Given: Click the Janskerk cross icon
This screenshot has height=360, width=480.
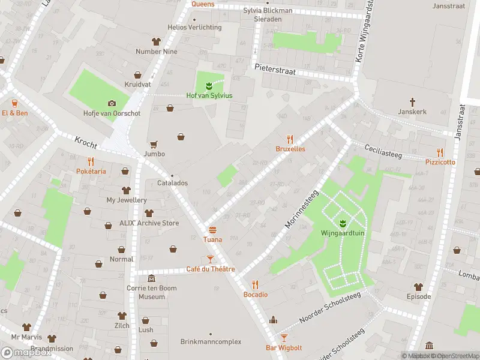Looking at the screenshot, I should click(412, 102).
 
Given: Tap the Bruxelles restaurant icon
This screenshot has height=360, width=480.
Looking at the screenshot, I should click(290, 139).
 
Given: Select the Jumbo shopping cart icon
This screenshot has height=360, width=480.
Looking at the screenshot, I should click(154, 144).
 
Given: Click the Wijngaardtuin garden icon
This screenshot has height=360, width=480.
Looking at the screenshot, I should click(343, 224).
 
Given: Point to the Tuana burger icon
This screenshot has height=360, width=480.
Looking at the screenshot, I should click(212, 230).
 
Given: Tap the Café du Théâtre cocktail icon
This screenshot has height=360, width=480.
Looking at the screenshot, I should click(210, 259).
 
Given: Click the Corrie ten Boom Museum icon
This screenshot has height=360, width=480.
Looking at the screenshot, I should click(151, 278).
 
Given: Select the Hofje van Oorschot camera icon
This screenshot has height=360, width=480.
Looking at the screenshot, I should click(111, 104).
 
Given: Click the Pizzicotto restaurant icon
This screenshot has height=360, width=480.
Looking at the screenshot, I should click(440, 152).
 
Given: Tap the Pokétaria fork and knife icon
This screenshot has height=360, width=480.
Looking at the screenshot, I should click(91, 161).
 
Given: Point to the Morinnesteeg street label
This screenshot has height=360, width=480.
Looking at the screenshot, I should click(301, 211).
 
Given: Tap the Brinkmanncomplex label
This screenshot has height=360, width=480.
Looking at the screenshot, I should click(211, 341).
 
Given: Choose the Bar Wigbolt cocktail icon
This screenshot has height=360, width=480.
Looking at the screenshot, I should click(284, 338).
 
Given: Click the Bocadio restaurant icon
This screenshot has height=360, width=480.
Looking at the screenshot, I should click(256, 284).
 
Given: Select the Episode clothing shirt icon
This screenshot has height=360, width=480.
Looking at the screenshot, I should click(418, 287).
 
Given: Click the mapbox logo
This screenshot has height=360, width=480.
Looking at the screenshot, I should click(26, 353).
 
